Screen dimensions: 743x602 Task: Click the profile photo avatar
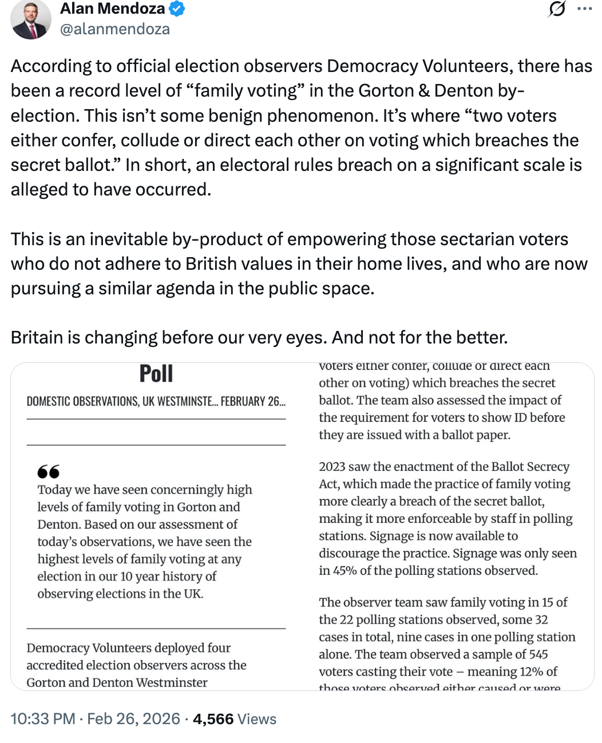pos(31,19)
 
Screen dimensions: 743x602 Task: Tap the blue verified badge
pos(177,9)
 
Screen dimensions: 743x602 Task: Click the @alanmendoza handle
pos(114,29)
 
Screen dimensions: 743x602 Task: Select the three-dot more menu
pos(584,9)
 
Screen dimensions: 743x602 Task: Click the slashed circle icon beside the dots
pos(556,9)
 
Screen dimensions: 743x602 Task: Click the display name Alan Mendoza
pos(112,9)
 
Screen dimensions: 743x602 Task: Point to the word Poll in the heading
pos(156,374)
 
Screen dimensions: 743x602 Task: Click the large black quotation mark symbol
pos(48,472)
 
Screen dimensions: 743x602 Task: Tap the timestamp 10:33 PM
pos(43,719)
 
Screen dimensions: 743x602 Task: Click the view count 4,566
pos(213,719)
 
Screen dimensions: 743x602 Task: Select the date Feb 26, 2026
pos(133,719)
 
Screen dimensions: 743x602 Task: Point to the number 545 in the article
pos(538,654)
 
